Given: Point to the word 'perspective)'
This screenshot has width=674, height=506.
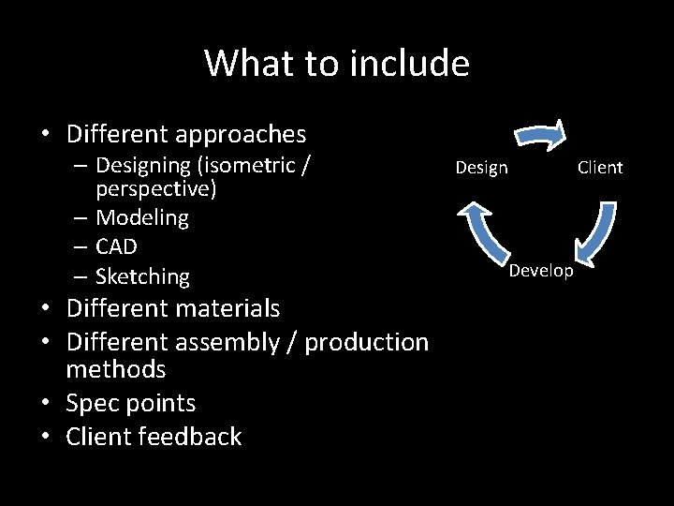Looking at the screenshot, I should (x=156, y=189).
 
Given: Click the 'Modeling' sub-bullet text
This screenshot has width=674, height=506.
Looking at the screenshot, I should (x=142, y=218).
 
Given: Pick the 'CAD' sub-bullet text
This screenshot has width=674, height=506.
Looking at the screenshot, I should (x=117, y=247).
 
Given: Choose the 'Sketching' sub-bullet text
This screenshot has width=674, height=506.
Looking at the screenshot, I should (x=142, y=277).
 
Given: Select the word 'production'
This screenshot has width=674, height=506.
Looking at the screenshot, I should (x=367, y=342).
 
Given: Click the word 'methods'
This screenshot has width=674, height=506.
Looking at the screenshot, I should (x=116, y=369).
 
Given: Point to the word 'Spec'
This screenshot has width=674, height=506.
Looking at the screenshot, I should (x=94, y=404).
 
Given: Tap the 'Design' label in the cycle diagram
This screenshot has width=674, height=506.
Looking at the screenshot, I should (x=481, y=168).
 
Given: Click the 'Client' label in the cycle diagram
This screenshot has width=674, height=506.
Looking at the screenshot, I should (x=599, y=168).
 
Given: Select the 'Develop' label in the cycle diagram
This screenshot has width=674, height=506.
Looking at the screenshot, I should (x=541, y=271).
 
